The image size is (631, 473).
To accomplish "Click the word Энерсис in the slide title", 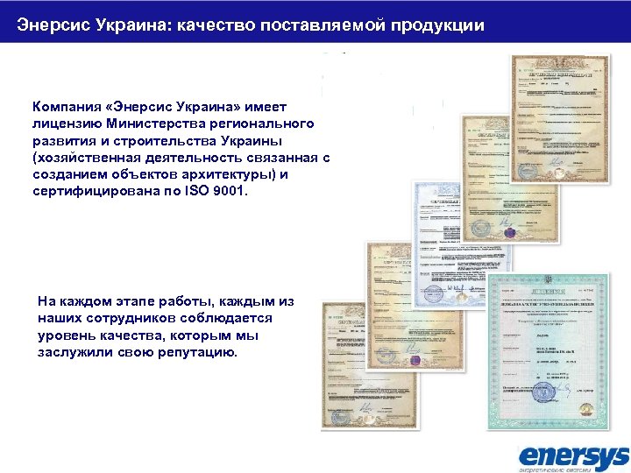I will (53, 25).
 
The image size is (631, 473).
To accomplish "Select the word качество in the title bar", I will (215, 25).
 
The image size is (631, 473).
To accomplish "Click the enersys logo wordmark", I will (573, 455).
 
